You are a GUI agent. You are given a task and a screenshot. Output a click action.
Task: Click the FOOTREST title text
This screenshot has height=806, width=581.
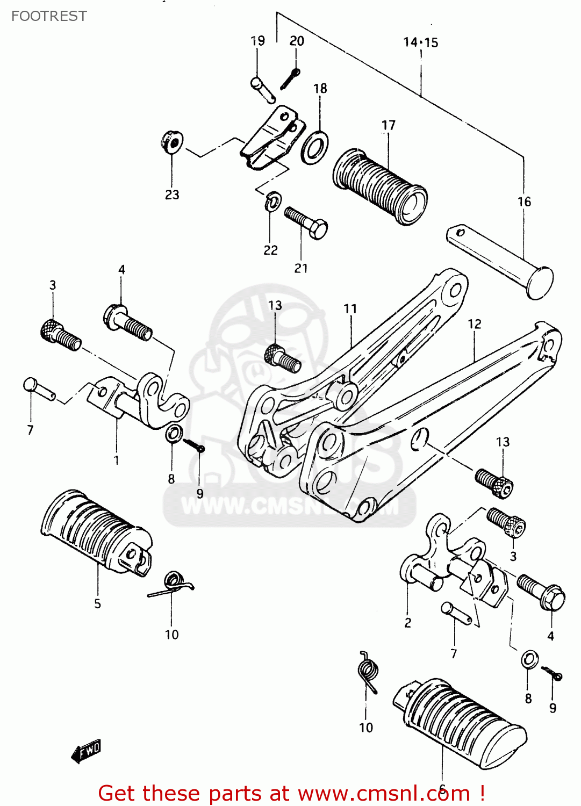(49, 16)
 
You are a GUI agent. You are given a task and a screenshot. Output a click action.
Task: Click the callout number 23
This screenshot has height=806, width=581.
(172, 195)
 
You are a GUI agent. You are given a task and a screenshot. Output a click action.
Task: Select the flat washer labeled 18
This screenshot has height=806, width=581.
(315, 146)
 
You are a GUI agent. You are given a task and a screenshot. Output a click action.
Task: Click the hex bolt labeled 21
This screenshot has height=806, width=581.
(306, 222)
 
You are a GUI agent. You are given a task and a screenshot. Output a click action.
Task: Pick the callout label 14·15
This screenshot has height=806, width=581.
(420, 42)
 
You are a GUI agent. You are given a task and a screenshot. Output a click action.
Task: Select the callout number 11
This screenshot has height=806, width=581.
(350, 308)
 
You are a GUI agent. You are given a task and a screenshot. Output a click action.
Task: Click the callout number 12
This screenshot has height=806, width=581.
(474, 324)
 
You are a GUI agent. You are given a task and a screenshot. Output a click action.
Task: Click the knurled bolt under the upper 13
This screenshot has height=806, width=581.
(283, 358)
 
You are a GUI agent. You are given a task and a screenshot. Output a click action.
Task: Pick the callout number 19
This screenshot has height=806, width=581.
(258, 41)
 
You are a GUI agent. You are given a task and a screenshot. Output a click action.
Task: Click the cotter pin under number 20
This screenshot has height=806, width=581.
(290, 79)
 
